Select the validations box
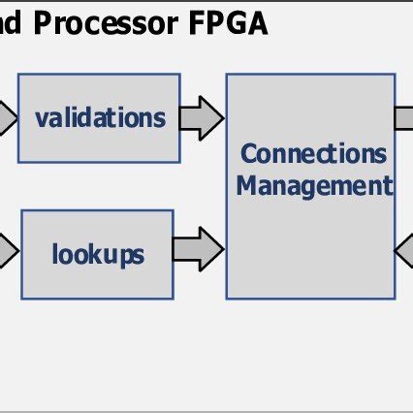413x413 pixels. pos(101,117)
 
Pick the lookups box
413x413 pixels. pos(97,254)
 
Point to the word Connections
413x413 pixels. pos(313,153)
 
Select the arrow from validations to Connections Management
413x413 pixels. pos(202,117)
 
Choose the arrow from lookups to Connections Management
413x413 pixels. pos(198,249)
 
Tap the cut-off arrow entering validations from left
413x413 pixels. pos(8,118)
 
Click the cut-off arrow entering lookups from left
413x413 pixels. pos(8,252)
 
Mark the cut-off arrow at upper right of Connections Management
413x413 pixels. pos(403,117)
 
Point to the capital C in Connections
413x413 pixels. pos(247,153)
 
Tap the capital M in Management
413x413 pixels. pos(245,185)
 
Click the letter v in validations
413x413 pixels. pos(41,118)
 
